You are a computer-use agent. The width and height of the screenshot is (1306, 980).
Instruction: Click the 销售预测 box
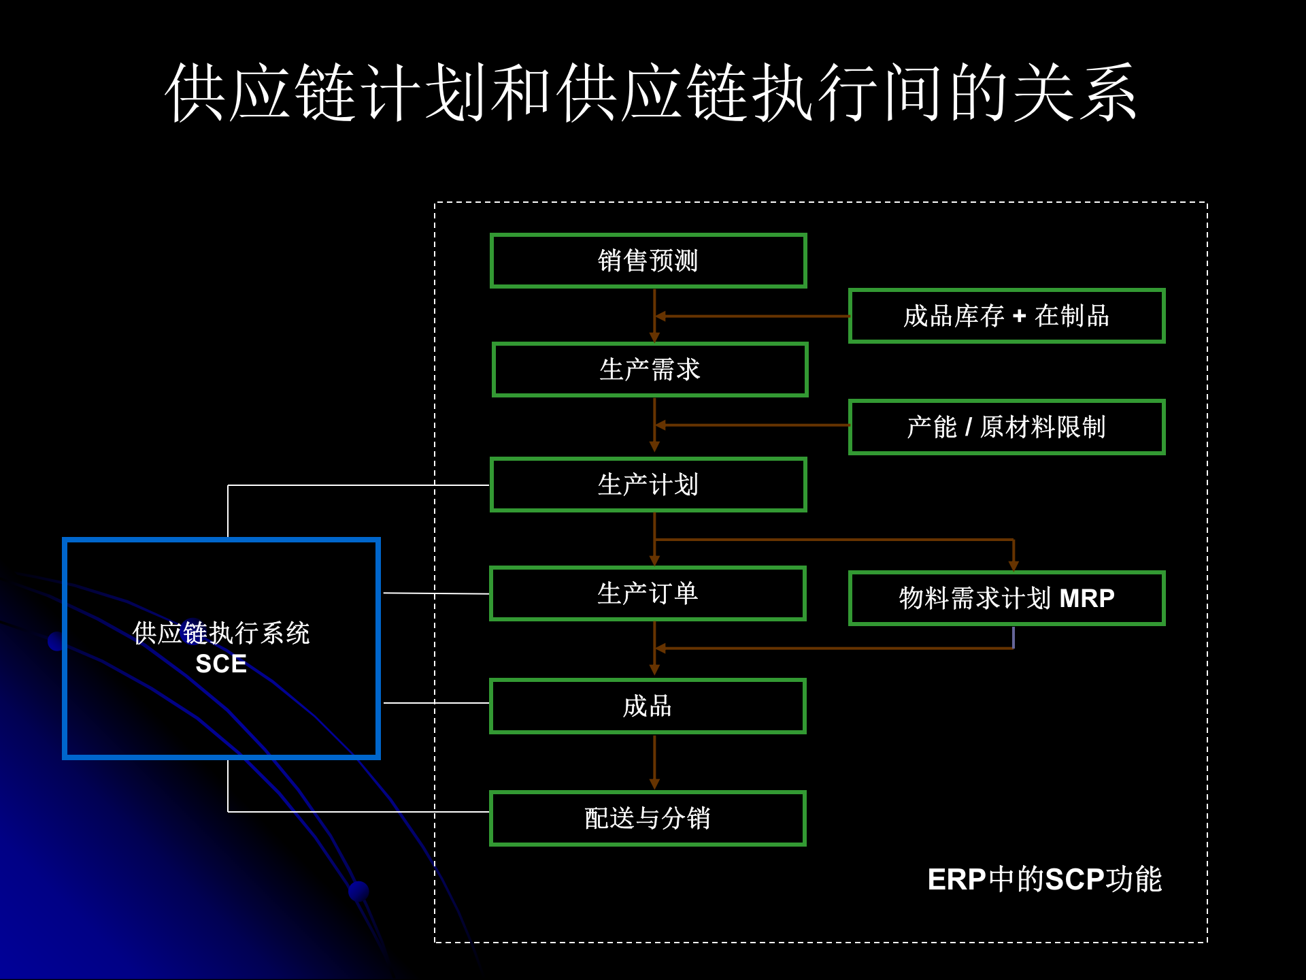648,261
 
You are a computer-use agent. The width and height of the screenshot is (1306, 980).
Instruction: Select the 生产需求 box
650,370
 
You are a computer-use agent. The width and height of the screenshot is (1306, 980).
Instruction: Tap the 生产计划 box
648,485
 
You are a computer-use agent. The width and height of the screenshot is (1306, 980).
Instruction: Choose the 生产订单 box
648,593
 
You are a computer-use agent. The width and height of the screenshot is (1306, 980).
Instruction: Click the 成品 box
648,706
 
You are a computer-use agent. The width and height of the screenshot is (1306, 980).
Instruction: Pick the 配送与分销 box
648,818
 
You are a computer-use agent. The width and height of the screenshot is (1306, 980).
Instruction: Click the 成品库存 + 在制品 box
1006,316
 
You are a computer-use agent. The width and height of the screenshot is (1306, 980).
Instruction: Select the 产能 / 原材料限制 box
1006,427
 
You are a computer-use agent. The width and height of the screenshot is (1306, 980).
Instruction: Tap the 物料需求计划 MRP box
1006,598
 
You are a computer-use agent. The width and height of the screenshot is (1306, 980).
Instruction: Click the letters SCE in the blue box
221,664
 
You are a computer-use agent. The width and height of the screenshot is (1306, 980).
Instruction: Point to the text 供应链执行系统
221,633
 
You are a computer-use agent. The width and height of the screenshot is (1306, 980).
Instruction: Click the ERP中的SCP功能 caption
1044,879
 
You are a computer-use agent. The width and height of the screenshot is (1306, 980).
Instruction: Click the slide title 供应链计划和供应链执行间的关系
652,93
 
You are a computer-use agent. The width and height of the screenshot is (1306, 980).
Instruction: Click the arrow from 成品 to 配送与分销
654,762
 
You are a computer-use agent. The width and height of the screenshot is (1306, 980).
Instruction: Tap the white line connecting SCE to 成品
435,703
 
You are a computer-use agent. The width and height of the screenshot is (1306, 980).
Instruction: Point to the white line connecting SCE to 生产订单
435,593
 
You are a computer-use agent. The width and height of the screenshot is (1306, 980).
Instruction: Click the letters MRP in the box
1087,598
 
